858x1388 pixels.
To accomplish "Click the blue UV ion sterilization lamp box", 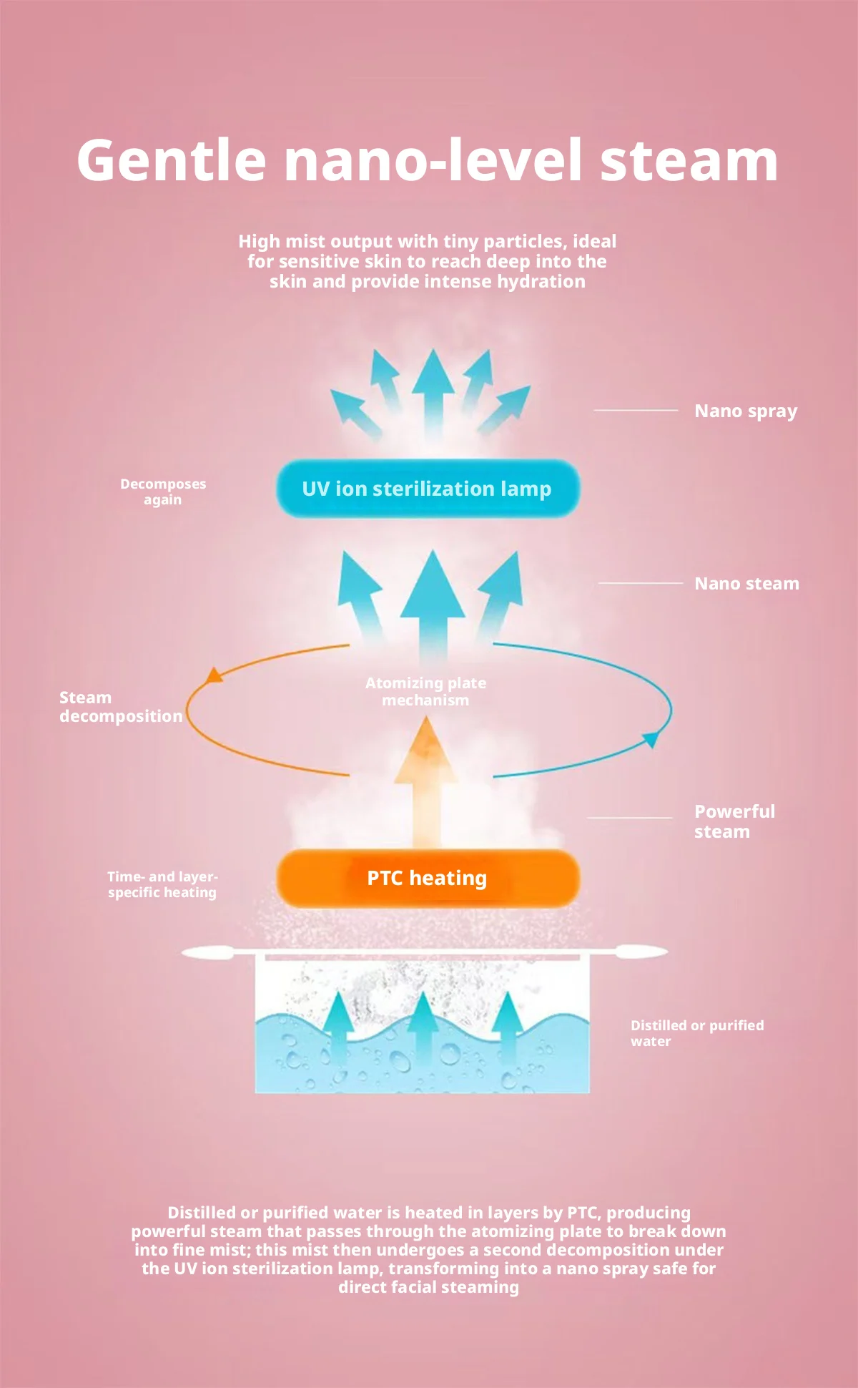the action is point(428,489).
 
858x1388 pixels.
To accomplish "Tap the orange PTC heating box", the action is point(428,878).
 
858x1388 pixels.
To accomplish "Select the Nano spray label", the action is point(746,411).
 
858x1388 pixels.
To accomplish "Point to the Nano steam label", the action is point(746,584).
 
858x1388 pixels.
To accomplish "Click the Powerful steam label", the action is point(734,821).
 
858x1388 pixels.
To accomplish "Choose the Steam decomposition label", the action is point(121,707).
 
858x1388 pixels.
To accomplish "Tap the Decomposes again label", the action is point(163,492).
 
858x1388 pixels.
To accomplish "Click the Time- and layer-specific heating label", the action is point(162,884).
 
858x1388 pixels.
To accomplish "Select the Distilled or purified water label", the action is point(697,1033).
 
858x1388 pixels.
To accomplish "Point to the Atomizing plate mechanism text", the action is point(425,691).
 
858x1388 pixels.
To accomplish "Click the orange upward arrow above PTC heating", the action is point(426,783).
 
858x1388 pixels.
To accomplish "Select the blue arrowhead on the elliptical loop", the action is point(651,740).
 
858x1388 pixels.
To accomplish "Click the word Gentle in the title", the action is point(171,160).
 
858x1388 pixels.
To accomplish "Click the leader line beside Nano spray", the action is point(636,411).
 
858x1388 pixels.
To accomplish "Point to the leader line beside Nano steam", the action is point(641,583).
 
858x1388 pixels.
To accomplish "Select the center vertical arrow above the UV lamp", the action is point(433,394).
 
